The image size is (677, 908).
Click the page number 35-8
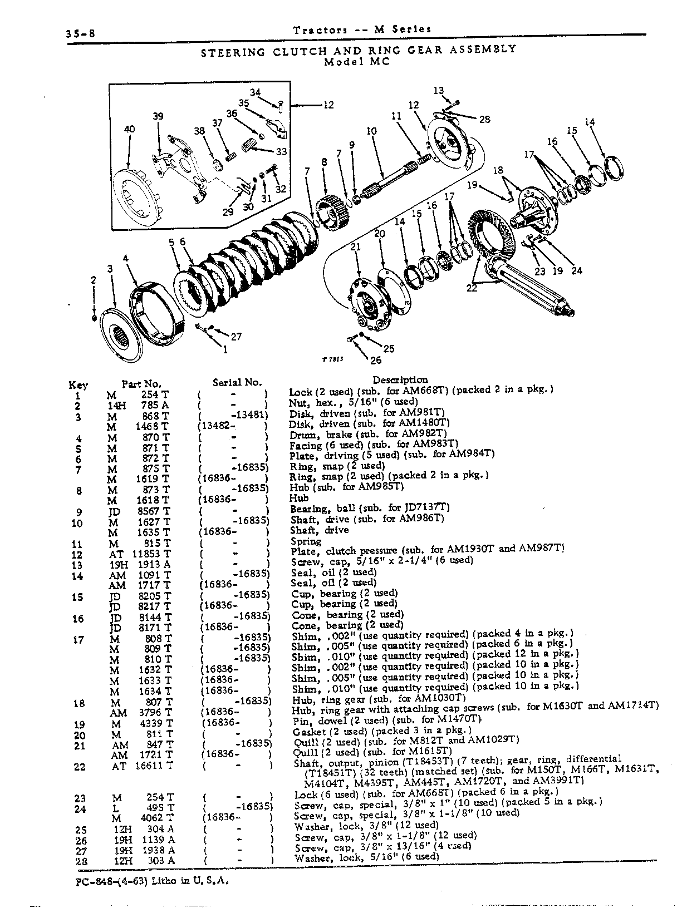(80, 33)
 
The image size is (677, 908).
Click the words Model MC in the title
(357, 62)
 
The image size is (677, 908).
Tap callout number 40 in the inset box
(130, 129)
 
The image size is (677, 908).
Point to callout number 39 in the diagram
(158, 116)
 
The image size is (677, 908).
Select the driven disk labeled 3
(117, 335)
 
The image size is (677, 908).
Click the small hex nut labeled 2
(94, 318)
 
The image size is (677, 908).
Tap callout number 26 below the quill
(376, 361)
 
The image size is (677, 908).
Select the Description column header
(400, 380)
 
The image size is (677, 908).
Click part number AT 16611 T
(142, 766)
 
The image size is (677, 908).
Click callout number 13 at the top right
(439, 90)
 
